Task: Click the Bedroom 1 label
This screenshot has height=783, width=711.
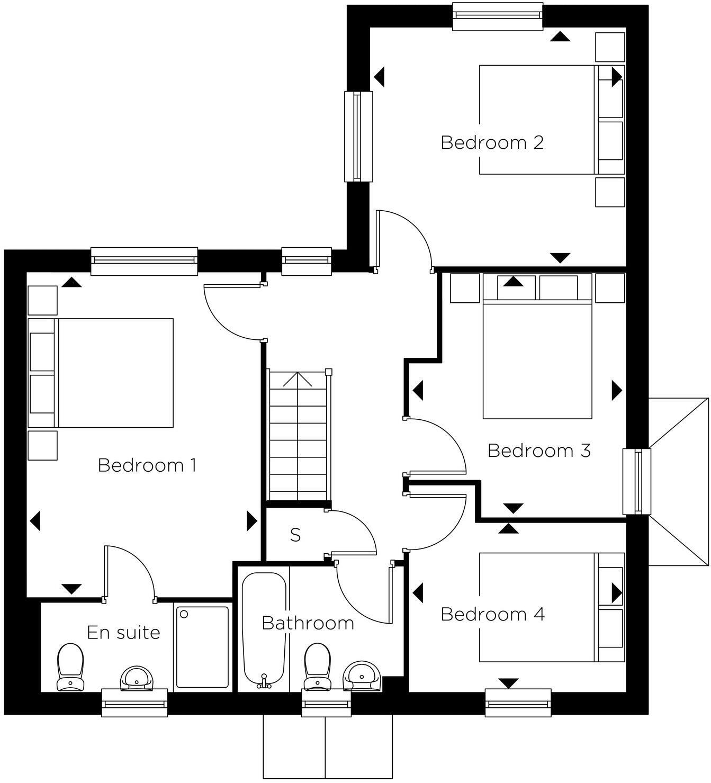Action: pyautogui.click(x=147, y=465)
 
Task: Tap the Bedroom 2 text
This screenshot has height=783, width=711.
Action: pyautogui.click(x=492, y=142)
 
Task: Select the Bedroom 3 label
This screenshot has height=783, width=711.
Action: pyautogui.click(x=538, y=451)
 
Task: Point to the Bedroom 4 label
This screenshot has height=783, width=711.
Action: pyautogui.click(x=492, y=614)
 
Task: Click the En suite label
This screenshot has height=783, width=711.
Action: pyautogui.click(x=123, y=632)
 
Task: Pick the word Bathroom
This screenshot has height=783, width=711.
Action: pyautogui.click(x=308, y=623)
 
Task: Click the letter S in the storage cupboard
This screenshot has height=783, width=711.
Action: pyautogui.click(x=295, y=535)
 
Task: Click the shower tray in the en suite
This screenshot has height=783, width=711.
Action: pyautogui.click(x=202, y=647)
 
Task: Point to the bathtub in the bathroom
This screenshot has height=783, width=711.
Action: pyautogui.click(x=264, y=630)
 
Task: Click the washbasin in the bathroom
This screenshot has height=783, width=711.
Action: pyautogui.click(x=363, y=675)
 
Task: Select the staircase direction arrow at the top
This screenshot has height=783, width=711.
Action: pyautogui.click(x=298, y=379)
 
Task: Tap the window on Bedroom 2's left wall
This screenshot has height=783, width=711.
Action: pyautogui.click(x=358, y=136)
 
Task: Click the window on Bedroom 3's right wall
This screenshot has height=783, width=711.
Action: pyautogui.click(x=636, y=481)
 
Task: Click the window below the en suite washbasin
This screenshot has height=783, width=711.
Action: pyautogui.click(x=134, y=703)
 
